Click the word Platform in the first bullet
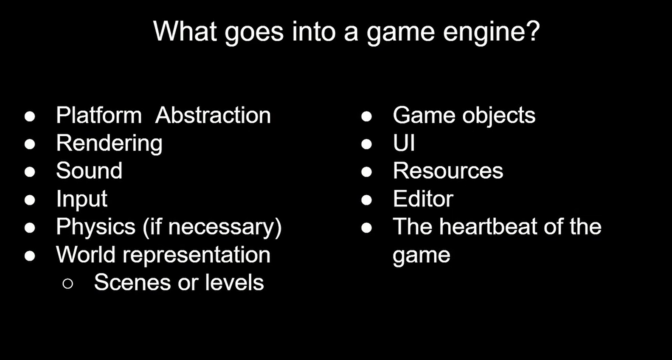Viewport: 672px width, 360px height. (x=99, y=115)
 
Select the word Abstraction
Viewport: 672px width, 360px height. (x=213, y=115)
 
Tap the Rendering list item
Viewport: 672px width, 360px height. (x=109, y=144)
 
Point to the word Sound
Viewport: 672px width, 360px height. (x=89, y=170)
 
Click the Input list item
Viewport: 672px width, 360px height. (x=82, y=199)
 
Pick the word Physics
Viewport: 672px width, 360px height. (x=96, y=227)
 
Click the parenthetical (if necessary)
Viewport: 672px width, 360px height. (x=212, y=228)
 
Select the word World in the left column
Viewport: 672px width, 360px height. (x=85, y=254)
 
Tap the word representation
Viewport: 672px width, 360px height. (x=197, y=256)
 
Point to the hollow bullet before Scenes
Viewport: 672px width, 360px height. (x=68, y=284)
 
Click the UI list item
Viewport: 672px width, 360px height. (x=404, y=143)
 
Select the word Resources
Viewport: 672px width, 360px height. (x=448, y=170)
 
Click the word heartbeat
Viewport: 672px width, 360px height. (x=489, y=226)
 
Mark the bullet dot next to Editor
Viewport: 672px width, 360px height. (x=367, y=200)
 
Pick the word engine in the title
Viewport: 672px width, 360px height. (x=483, y=33)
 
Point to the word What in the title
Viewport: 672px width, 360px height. (x=185, y=31)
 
